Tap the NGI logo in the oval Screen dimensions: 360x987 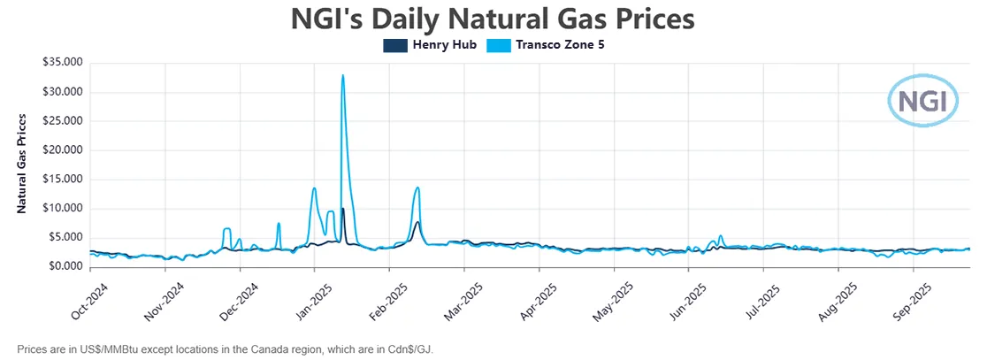tap(922, 100)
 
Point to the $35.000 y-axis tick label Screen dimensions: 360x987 tap(62, 63)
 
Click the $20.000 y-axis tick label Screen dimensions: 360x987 tap(62, 150)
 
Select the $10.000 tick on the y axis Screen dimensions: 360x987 tap(62, 209)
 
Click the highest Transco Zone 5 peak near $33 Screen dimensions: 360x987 tap(342, 75)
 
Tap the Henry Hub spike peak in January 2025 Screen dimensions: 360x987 tap(343, 209)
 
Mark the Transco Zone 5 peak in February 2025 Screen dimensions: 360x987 tap(417, 188)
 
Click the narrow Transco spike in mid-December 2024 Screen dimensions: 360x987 tap(279, 224)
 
